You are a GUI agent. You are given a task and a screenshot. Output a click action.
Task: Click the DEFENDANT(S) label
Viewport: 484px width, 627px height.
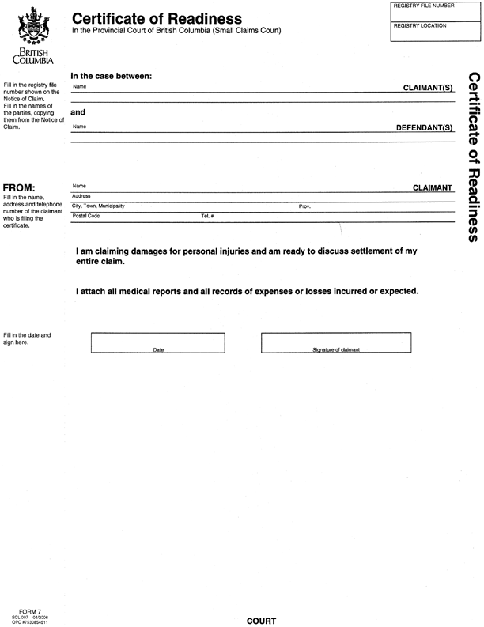[x=424, y=127]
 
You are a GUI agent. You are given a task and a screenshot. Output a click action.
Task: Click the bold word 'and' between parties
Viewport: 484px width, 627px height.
[x=78, y=112]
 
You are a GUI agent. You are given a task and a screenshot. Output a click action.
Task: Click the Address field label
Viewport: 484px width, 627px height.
[x=81, y=195]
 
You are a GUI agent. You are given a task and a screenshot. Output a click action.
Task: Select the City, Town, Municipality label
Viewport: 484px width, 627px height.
[x=98, y=206]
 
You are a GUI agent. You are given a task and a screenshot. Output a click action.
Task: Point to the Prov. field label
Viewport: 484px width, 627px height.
[x=304, y=206]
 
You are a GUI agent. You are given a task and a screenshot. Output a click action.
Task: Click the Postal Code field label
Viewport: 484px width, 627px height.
[x=86, y=216]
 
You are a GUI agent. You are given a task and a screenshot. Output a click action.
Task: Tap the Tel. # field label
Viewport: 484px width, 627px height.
[x=207, y=216]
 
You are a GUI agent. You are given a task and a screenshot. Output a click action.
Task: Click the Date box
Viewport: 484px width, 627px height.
[x=158, y=342]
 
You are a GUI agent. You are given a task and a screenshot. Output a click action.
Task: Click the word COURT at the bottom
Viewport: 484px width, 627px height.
[x=261, y=621]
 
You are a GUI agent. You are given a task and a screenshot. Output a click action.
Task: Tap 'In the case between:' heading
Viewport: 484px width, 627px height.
[x=111, y=76]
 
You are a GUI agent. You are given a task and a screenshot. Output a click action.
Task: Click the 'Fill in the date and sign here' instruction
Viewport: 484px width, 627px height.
[x=27, y=339]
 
